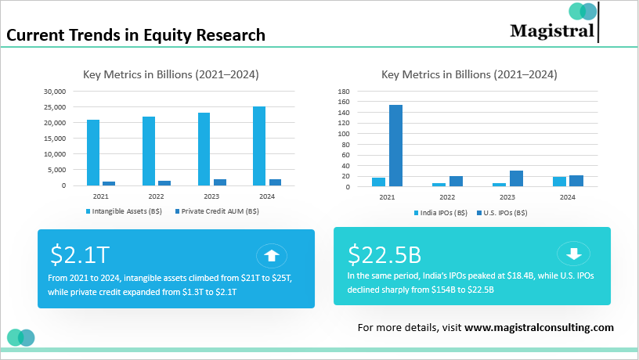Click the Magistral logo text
coord(552,31)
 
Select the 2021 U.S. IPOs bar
coord(395,146)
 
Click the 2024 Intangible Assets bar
coord(259,146)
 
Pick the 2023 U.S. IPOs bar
coord(516,178)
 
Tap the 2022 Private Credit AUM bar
coord(164,183)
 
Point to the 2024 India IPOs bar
coord(560,182)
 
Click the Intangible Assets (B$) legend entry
coord(124,211)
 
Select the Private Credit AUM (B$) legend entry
coord(217,211)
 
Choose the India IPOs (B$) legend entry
coord(441,213)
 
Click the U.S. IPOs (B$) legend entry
coord(502,213)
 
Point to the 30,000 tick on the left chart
coord(55,92)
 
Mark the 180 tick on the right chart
coord(344,92)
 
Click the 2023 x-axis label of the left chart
coord(211,196)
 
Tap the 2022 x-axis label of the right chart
coord(447,197)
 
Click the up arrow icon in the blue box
coord(272,256)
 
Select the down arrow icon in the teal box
coord(574,254)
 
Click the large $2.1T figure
coord(80,254)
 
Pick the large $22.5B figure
coord(384,254)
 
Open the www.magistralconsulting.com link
coord(539,328)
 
